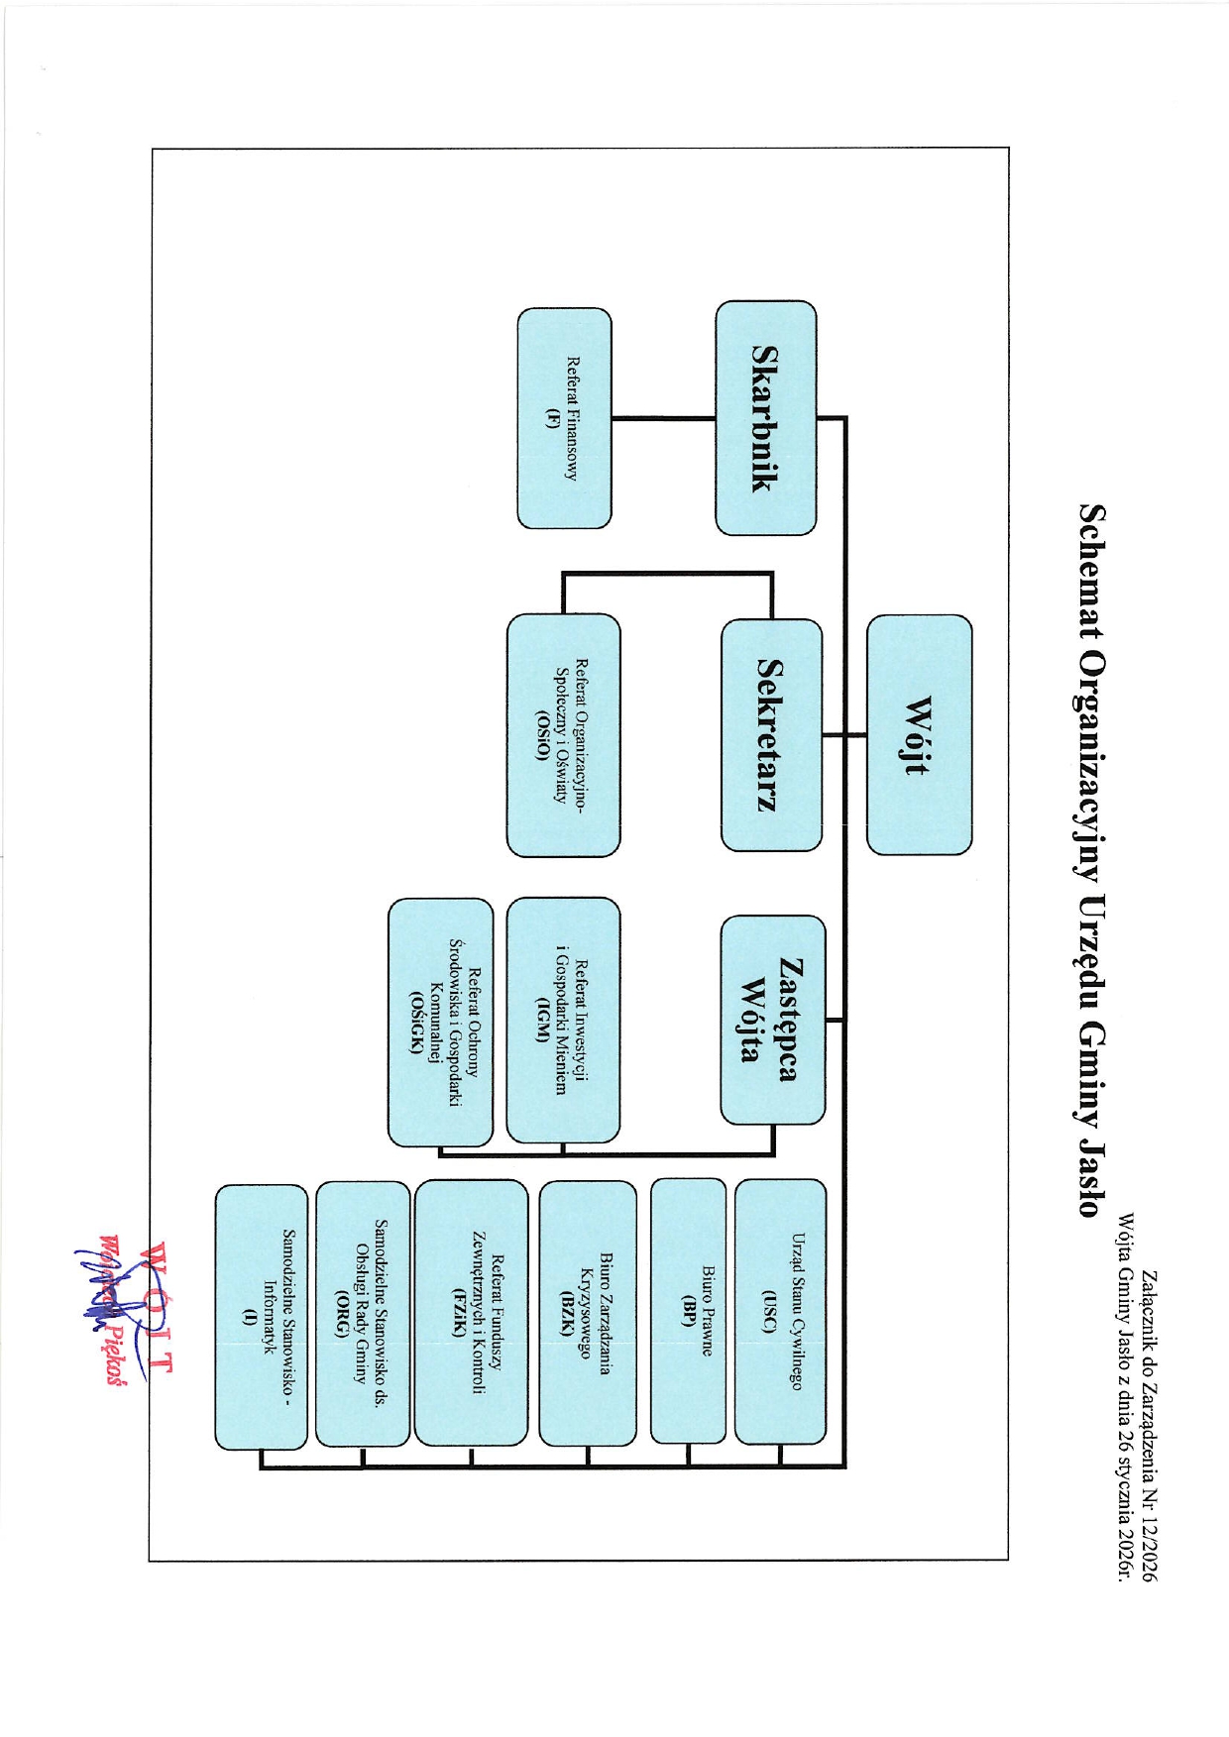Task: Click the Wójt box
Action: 919,734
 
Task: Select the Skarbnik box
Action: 765,417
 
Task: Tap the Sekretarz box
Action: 771,734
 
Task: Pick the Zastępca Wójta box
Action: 772,1020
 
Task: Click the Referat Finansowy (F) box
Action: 564,417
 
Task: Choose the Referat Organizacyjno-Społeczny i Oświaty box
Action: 563,734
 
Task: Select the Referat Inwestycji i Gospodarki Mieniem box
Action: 563,1020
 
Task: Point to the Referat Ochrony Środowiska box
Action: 440,1022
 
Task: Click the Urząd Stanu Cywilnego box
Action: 780,1310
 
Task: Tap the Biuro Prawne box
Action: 688,1310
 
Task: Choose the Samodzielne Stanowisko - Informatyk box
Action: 261,1316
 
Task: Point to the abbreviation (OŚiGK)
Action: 415,1022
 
